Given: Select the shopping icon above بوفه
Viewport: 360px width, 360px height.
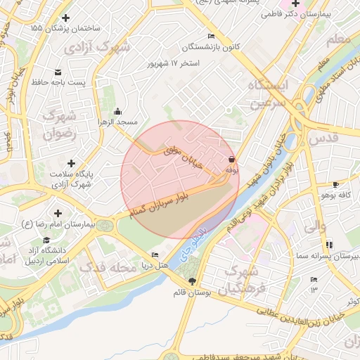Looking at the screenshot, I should (231, 159).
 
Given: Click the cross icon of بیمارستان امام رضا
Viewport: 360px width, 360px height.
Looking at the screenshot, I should (57, 212).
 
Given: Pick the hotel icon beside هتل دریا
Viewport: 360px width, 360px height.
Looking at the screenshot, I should (155, 255).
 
